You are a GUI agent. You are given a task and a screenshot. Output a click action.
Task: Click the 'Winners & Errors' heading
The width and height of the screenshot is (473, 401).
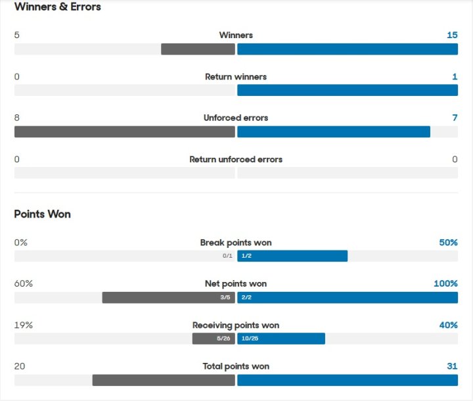[57, 7]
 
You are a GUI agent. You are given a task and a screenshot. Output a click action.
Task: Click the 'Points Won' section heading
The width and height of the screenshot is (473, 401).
[42, 214]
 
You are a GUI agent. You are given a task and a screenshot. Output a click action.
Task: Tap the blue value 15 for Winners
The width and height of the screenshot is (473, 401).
[452, 35]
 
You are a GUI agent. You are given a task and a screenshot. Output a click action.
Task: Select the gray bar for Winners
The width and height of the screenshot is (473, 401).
[198, 49]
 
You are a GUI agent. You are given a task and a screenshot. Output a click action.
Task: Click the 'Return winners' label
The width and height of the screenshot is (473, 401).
[236, 77]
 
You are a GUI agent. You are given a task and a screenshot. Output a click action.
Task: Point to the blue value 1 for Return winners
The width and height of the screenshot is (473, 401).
[455, 77]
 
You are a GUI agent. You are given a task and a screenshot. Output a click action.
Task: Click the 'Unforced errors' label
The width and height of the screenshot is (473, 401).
[236, 118]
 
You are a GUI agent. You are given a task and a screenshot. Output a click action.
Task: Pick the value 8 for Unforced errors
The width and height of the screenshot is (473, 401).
[17, 118]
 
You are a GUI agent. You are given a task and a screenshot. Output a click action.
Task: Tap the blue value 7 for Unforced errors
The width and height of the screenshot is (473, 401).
[455, 118]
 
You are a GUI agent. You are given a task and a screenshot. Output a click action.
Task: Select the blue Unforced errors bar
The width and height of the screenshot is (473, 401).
[334, 131]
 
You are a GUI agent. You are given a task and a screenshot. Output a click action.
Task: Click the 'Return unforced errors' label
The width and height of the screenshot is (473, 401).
[236, 160]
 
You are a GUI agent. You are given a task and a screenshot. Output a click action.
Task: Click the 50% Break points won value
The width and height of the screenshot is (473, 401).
[448, 243]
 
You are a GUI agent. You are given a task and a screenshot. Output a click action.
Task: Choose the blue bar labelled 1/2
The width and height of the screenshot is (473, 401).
[292, 256]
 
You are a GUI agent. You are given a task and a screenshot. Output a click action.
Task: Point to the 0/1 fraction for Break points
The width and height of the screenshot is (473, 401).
[227, 256]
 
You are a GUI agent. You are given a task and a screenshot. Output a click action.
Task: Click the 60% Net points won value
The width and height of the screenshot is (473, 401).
[24, 284]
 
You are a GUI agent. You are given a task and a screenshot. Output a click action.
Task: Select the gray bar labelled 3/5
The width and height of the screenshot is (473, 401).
[168, 297]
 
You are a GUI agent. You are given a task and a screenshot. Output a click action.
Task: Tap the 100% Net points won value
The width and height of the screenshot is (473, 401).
[445, 284]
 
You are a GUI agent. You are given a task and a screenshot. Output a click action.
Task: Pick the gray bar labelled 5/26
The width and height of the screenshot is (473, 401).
[214, 339]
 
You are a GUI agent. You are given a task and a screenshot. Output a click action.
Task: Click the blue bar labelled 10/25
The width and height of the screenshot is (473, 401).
[281, 339]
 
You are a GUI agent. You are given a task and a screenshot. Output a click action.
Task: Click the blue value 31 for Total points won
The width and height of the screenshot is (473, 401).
[451, 367]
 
